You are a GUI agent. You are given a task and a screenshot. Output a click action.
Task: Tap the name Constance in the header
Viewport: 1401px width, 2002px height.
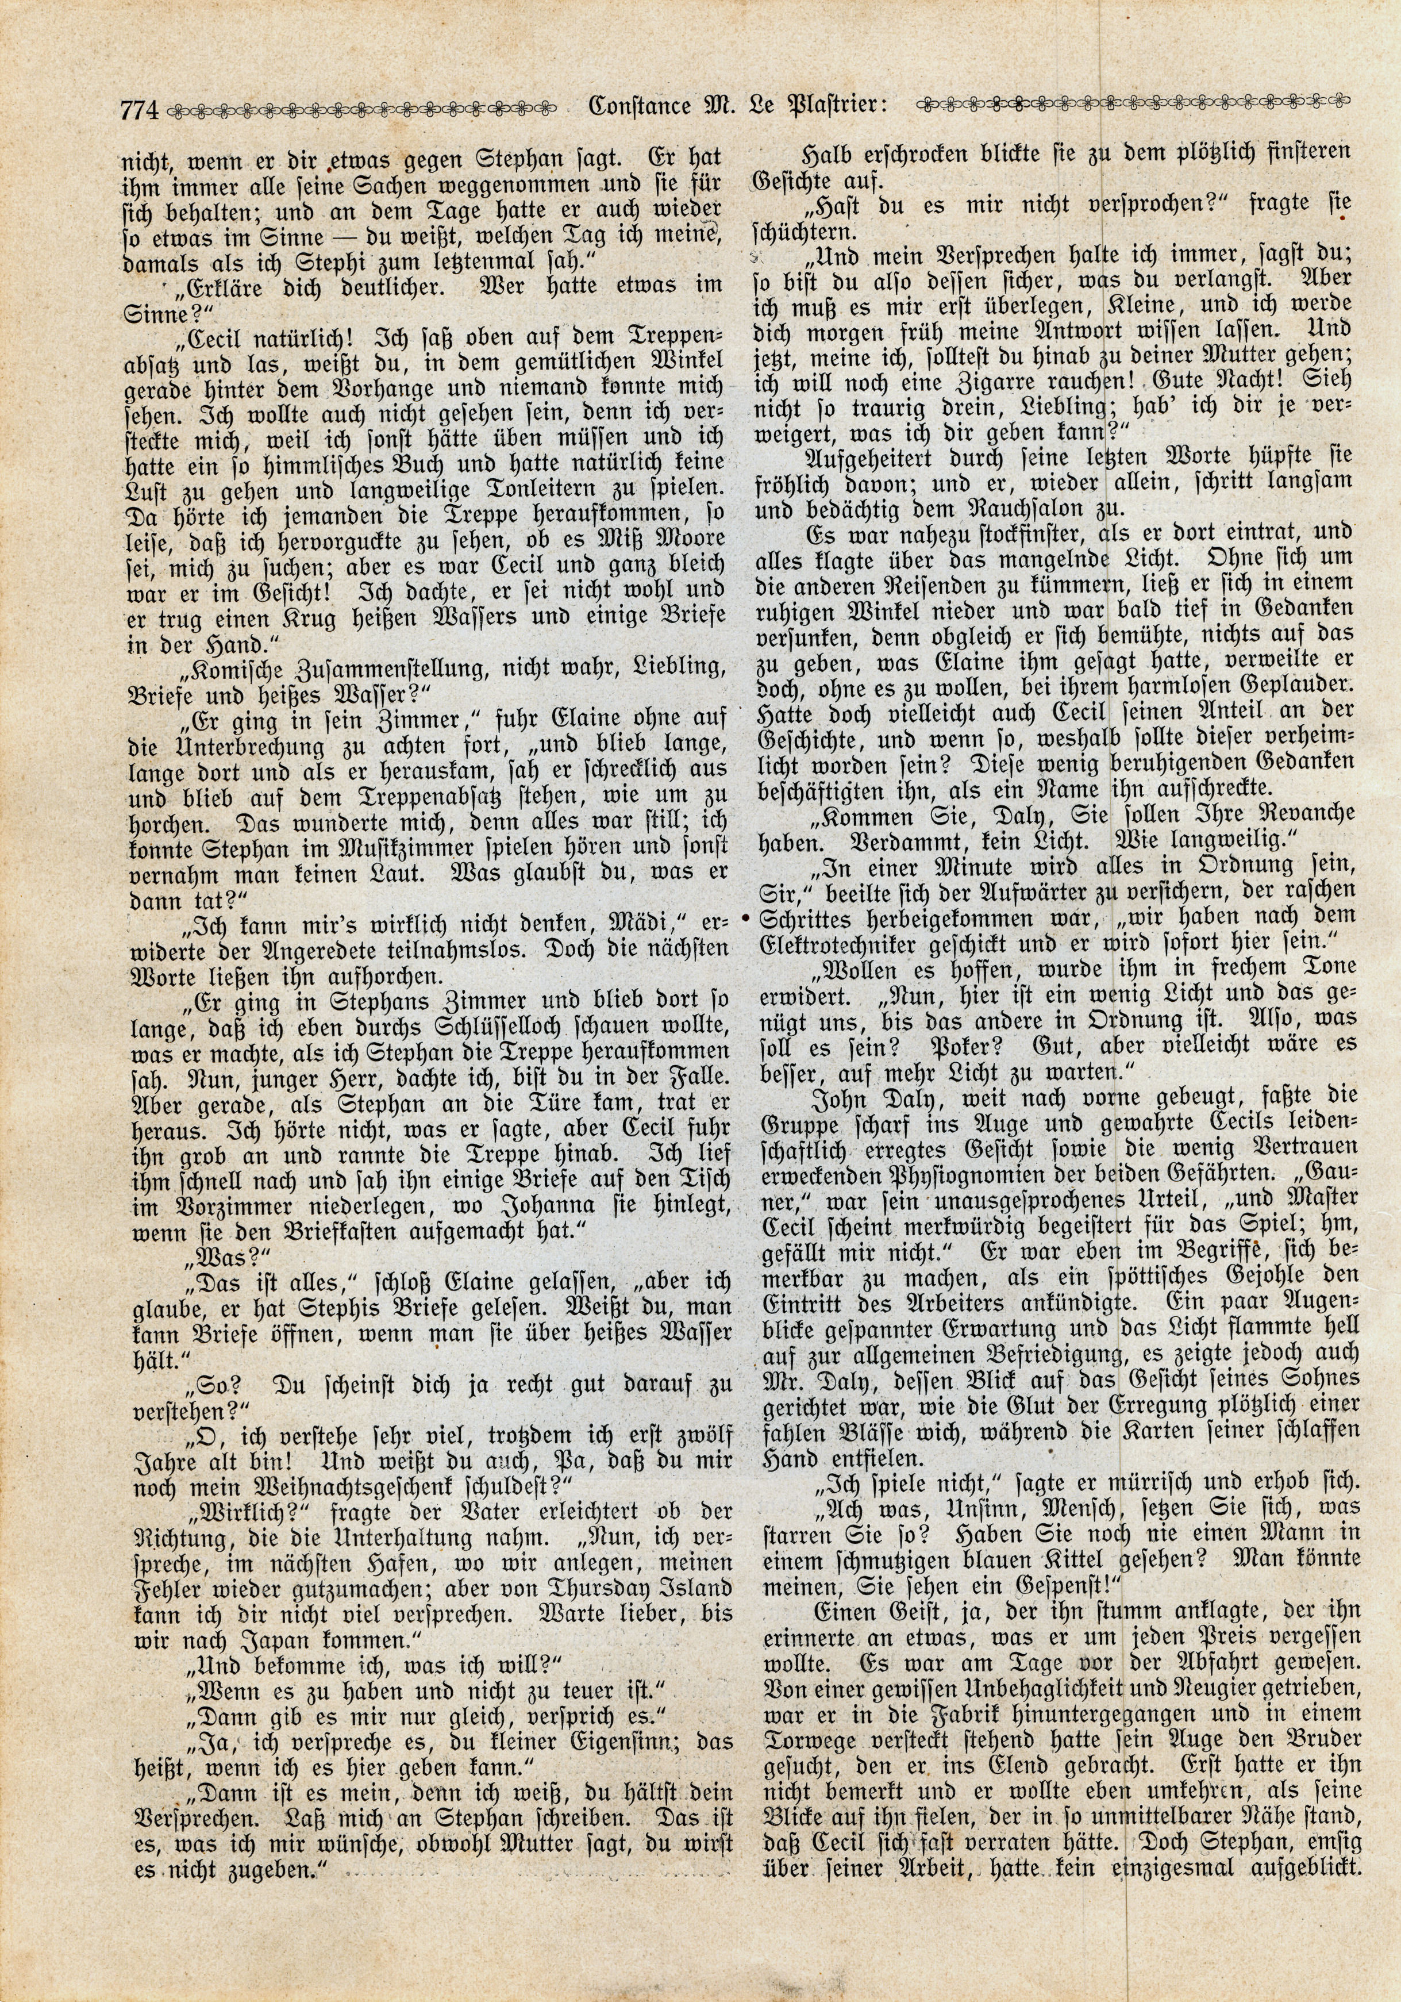638,106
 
